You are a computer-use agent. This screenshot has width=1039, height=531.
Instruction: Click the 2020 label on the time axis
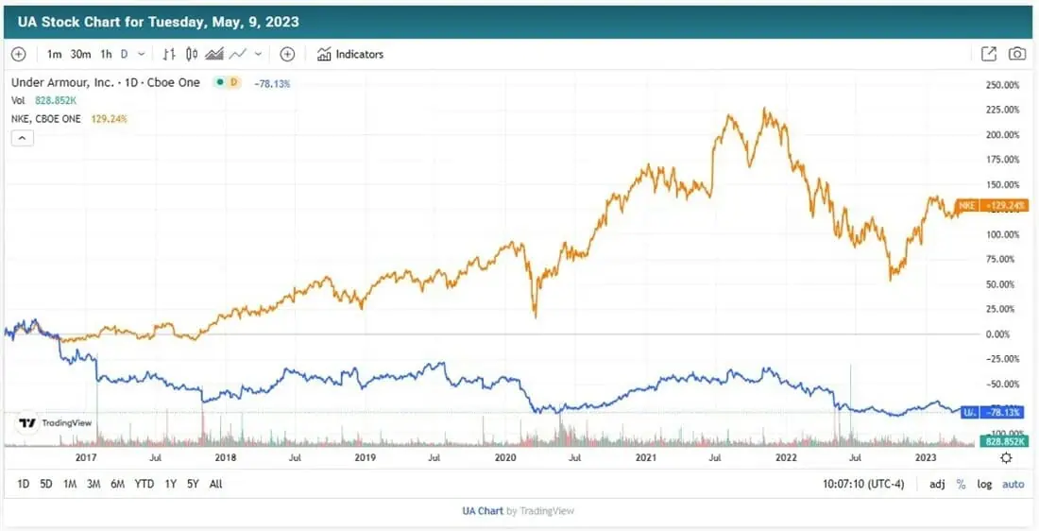505,457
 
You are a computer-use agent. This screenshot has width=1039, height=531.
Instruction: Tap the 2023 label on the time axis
927,457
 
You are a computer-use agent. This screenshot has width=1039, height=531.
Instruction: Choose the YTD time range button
144,484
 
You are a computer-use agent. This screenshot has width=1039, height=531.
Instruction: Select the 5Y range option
193,484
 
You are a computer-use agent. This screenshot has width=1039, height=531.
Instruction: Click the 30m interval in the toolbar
80,55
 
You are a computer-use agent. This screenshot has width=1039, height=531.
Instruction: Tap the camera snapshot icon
1016,55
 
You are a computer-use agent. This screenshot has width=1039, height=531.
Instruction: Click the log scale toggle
984,484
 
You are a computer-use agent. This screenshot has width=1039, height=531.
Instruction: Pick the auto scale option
1013,484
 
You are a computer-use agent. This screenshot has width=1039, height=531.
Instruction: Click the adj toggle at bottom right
937,484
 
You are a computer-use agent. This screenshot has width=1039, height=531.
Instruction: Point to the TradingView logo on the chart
56,423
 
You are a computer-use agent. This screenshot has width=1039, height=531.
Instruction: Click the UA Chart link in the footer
483,511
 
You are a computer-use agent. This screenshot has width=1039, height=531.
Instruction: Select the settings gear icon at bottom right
1006,457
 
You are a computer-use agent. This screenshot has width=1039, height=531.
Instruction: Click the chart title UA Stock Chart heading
159,21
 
